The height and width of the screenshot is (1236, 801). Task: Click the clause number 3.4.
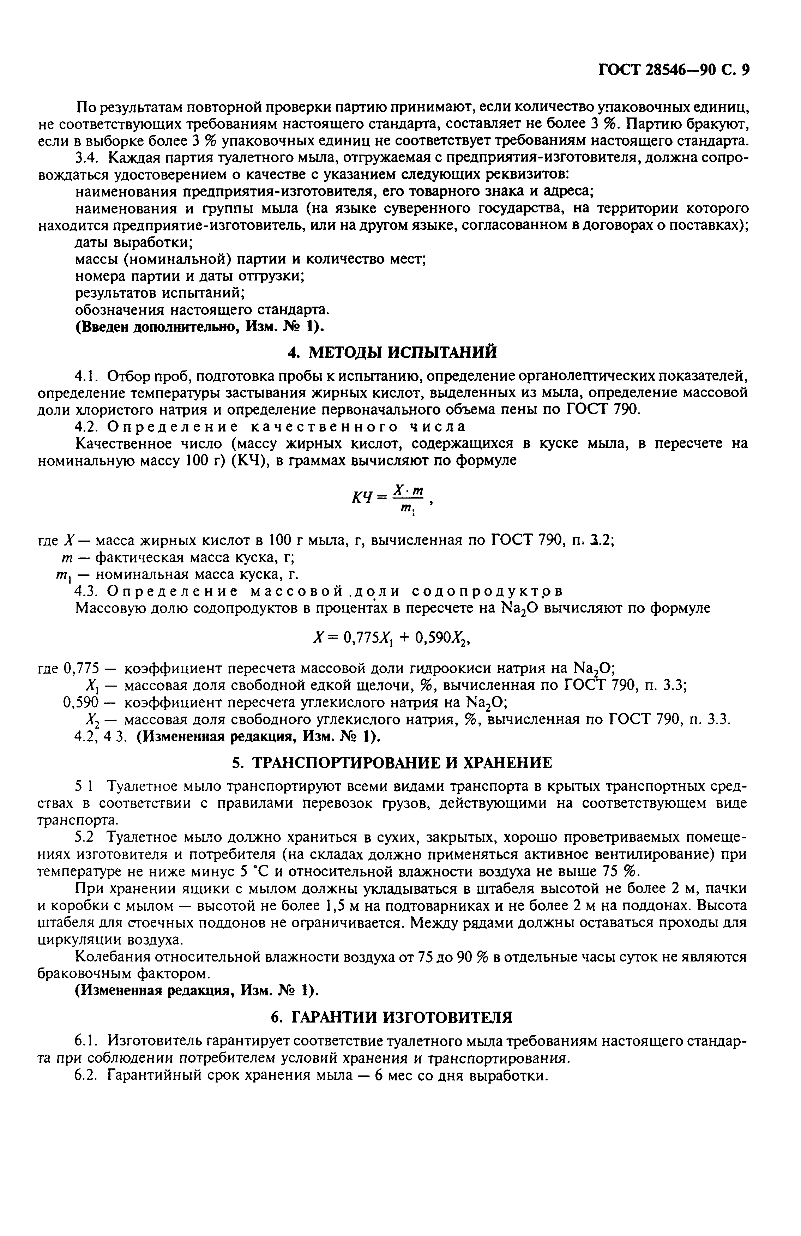coord(86,158)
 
